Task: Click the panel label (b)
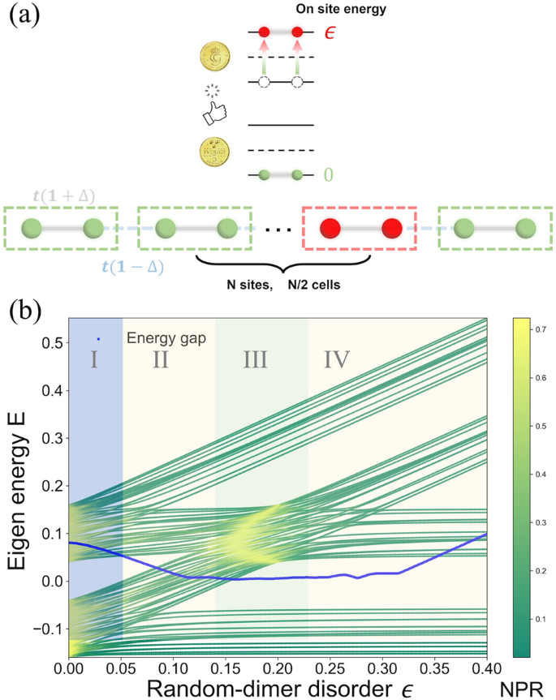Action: coord(26,312)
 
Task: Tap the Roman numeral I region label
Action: coord(94,359)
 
